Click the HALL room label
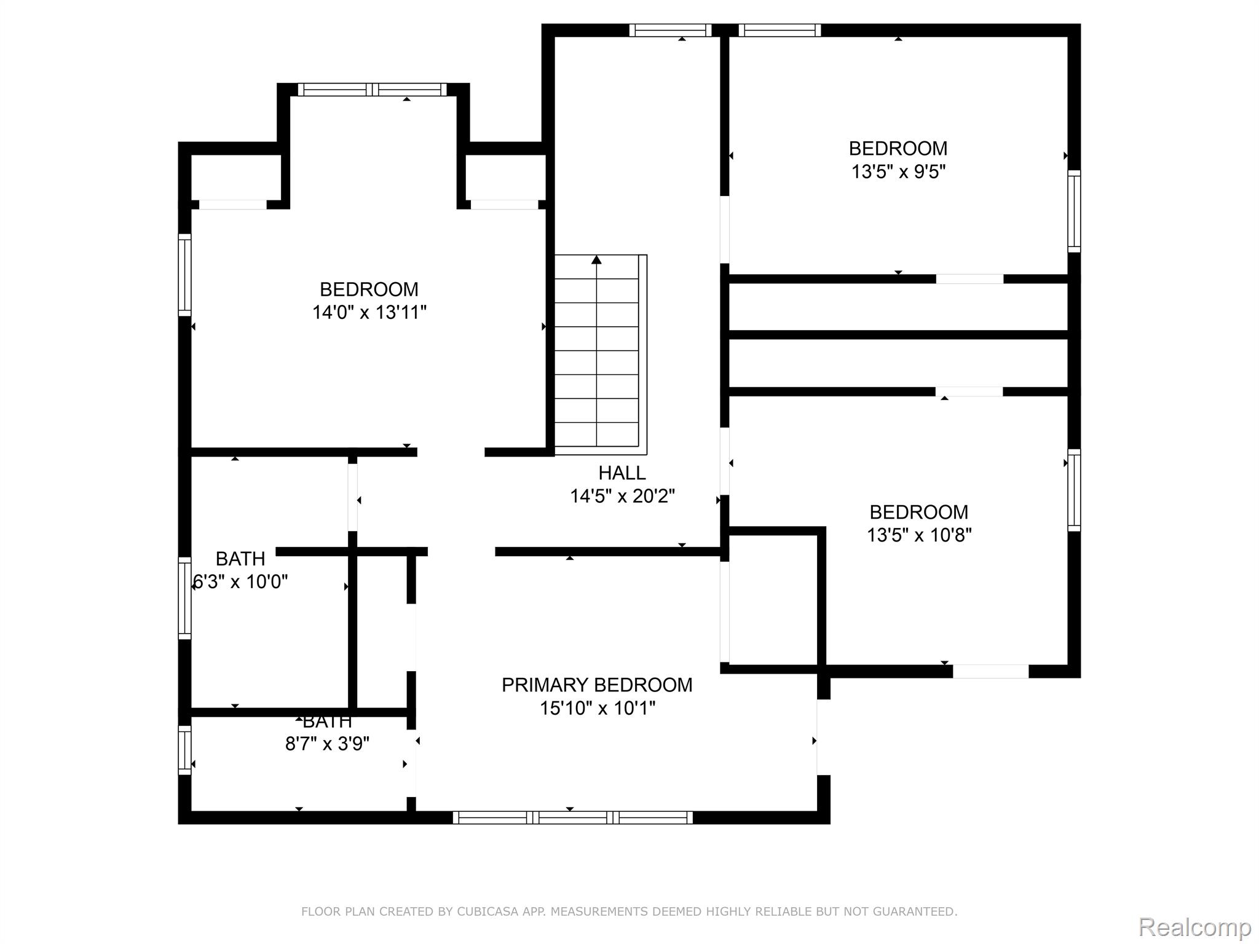pos(622,473)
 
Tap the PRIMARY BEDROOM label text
pos(596,685)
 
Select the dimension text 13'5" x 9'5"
pos(898,171)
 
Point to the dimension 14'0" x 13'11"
pos(369,312)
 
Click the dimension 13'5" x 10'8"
pos(918,535)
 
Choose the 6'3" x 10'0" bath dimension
pos(240,581)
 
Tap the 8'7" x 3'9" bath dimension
pos(327,744)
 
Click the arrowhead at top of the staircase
pos(596,260)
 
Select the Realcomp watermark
pos(1194,927)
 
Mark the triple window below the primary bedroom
pos(572,817)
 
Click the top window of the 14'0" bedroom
pos(373,90)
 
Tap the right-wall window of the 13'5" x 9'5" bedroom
pos(1073,211)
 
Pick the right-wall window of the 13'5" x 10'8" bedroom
pos(1073,490)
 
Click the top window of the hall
pos(669,30)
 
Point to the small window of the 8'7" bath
pos(184,749)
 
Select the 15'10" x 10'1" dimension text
pos(597,708)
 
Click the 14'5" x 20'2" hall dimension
pos(622,496)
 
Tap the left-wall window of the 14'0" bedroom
pos(184,275)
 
